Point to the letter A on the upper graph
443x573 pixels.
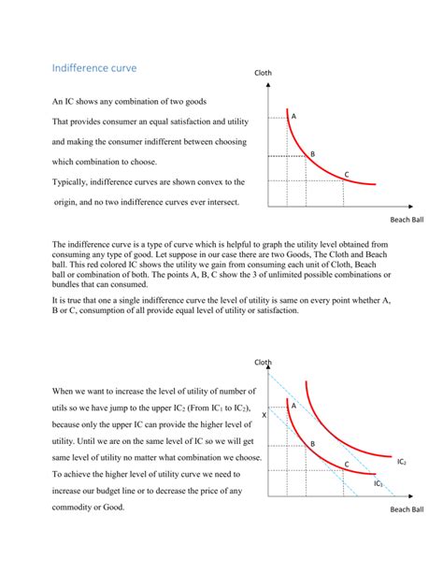tap(293, 116)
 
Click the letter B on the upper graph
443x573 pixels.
tap(312, 153)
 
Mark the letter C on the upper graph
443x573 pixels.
tap(347, 175)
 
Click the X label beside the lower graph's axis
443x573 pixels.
tap(264, 414)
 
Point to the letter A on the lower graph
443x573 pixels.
tap(293, 406)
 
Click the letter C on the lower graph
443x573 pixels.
tap(346, 464)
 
